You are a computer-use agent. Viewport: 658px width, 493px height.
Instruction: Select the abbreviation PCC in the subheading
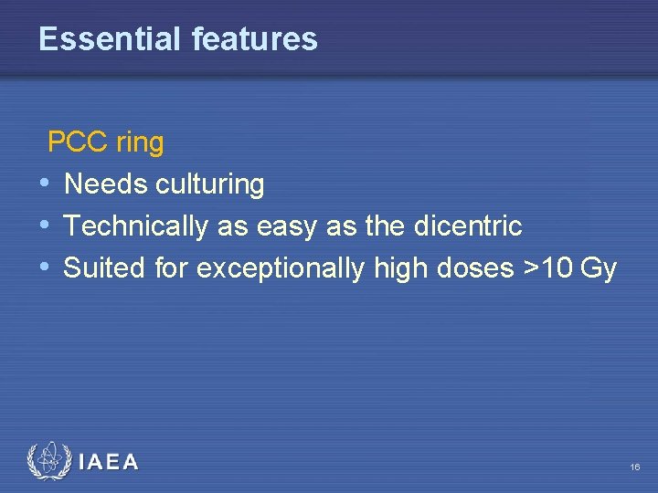coord(78,142)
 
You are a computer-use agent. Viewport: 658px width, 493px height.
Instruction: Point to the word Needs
coord(107,184)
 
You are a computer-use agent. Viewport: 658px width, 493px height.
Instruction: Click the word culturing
coord(210,185)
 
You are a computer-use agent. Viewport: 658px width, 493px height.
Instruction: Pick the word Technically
coord(136,226)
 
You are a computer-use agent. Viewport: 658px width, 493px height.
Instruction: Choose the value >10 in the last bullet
coord(546,268)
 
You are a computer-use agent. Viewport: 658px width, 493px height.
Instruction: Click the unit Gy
coord(600,269)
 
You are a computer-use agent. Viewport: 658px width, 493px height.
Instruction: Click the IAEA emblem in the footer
coord(48,462)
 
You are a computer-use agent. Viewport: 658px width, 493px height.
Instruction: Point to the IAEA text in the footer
coord(110,463)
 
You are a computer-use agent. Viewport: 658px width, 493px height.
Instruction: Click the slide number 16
coord(634,467)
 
